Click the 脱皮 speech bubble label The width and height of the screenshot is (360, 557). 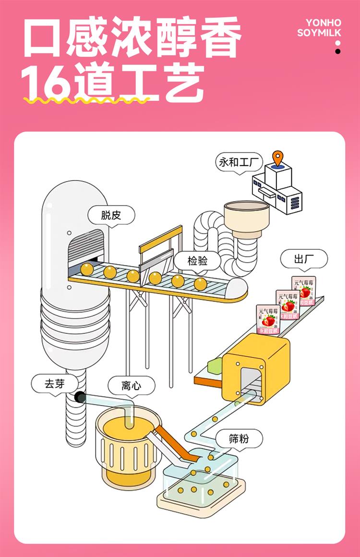pos(111,216)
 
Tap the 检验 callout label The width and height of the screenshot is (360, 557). pos(197,261)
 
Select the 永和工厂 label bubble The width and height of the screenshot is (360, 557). pos(239,163)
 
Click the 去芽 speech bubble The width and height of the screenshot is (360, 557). pos(54,384)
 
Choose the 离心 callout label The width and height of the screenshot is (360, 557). pos(131,385)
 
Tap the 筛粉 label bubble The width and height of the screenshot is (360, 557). pos(239,438)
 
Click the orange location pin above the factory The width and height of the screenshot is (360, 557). pos(277,157)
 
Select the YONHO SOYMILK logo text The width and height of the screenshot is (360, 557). pos(319,28)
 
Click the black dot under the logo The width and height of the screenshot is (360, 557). pos(338,51)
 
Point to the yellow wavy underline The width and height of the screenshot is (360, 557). pos(86,100)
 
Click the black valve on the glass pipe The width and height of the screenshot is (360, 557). pos(80,397)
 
